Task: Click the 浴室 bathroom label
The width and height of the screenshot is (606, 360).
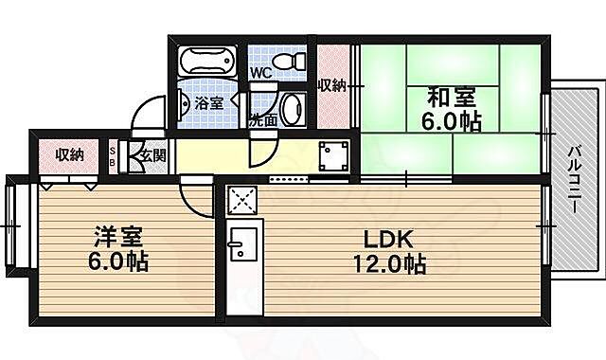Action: coord(209,102)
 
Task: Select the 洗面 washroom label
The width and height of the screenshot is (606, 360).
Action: coord(262,120)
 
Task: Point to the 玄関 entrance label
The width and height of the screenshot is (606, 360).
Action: coord(152,155)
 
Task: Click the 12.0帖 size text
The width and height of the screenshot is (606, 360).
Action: coord(389,263)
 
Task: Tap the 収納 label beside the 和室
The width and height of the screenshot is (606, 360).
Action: coord(330,86)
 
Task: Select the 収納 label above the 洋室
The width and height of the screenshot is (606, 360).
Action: coord(68,154)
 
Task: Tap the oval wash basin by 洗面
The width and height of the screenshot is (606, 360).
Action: coord(293,108)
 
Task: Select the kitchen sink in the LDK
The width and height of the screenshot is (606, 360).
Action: coord(241,249)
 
